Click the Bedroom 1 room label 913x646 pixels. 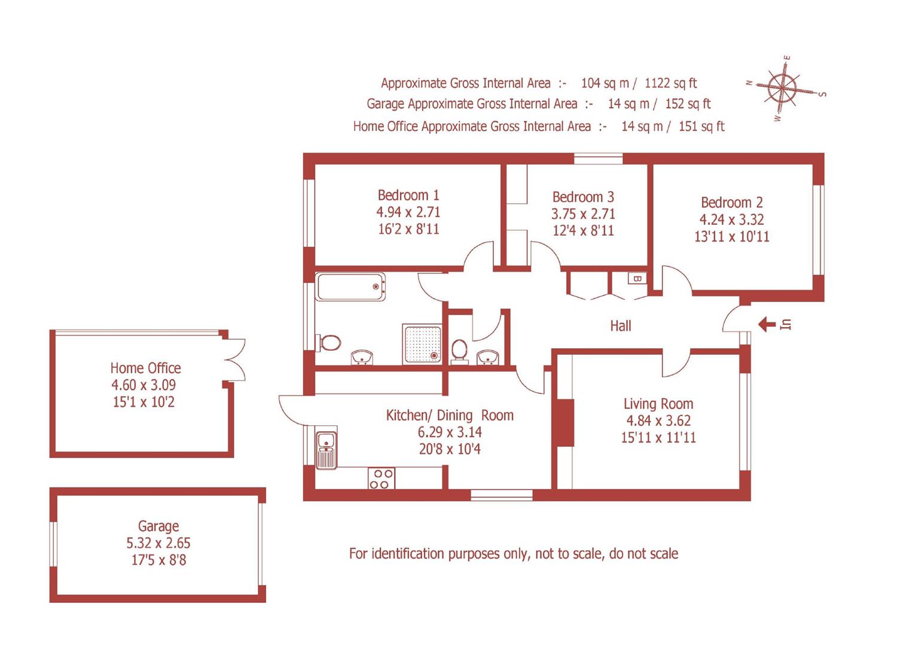(x=408, y=195)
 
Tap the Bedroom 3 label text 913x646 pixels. (x=583, y=197)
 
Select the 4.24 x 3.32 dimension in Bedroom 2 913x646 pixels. (x=731, y=220)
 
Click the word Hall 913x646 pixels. (x=621, y=326)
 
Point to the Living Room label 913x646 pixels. (x=658, y=404)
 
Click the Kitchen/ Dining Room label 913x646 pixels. (x=450, y=415)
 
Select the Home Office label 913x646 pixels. (x=145, y=368)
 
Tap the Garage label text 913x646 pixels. (x=158, y=526)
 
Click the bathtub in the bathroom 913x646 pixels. (x=351, y=287)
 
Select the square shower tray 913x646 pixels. (x=423, y=344)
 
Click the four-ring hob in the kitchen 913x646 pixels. (x=381, y=479)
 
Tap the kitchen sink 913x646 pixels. (x=326, y=450)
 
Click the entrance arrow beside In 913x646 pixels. (x=767, y=325)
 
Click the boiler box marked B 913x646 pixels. (x=637, y=279)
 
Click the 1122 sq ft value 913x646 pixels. (x=670, y=83)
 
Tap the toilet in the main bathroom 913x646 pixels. (x=329, y=343)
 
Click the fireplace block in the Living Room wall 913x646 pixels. (x=563, y=423)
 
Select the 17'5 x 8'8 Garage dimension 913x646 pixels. (x=158, y=560)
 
